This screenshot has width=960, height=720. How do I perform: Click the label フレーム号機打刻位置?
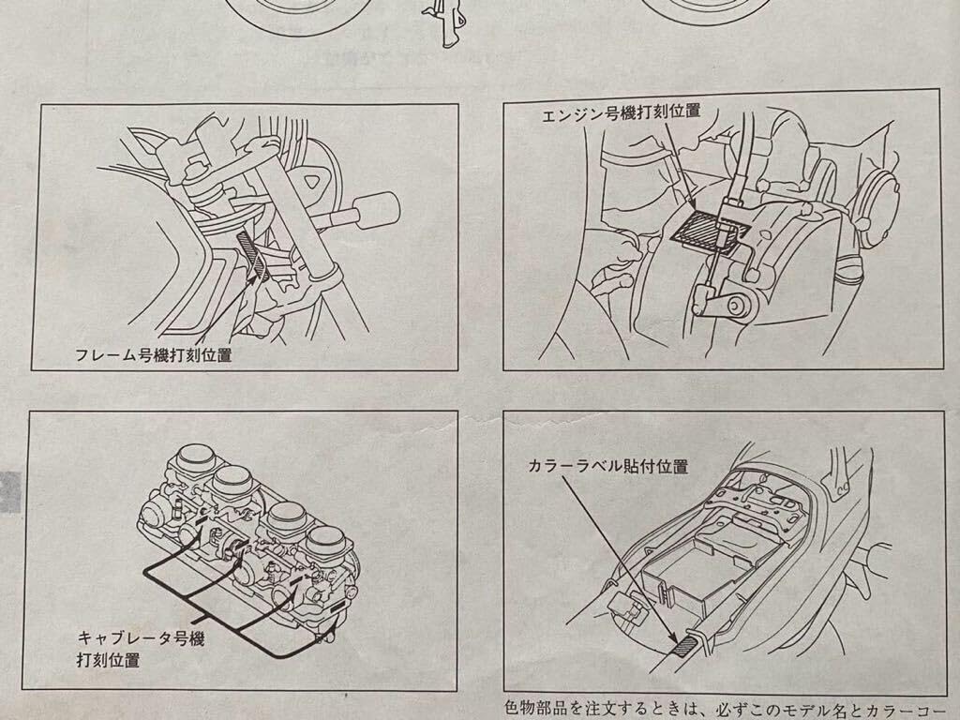coord(153,356)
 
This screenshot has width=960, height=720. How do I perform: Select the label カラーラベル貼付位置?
coord(608,466)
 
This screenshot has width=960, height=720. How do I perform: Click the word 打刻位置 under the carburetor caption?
coord(108,660)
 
